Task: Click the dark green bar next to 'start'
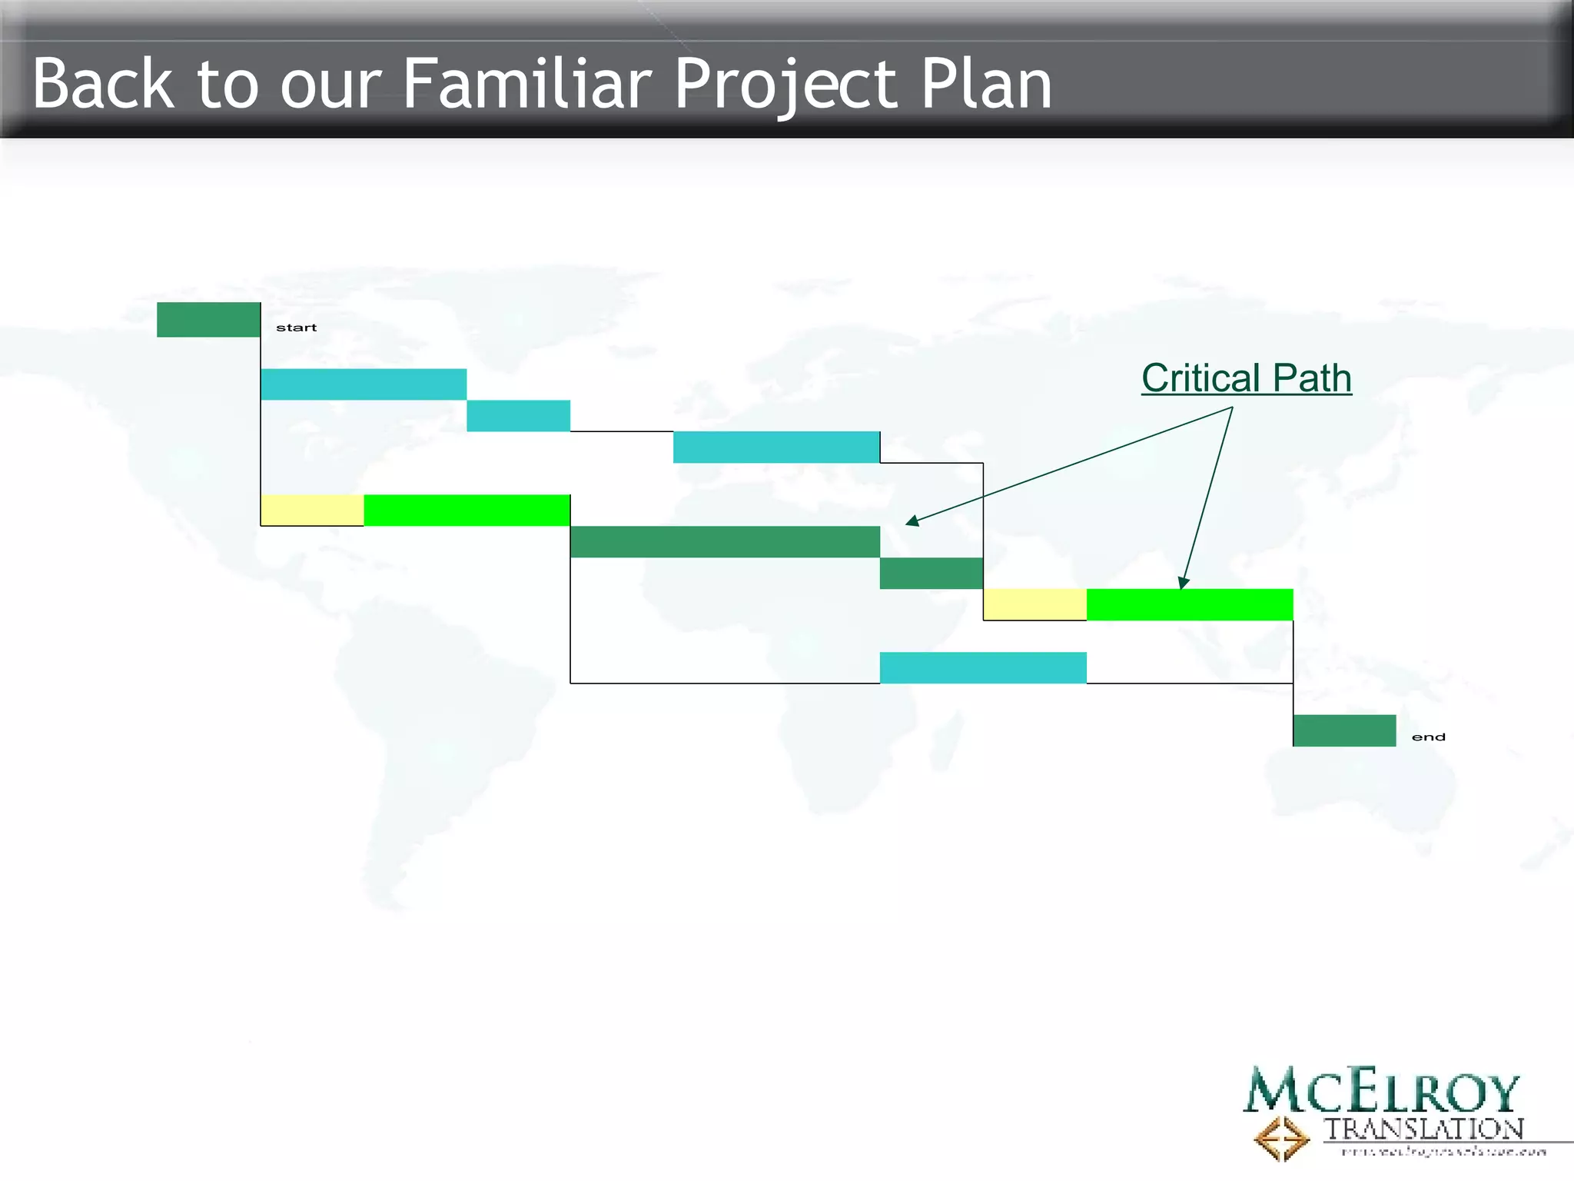click(208, 320)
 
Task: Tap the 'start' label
click(296, 328)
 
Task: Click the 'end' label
click(1428, 737)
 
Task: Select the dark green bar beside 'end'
click(1344, 730)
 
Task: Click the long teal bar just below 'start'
click(364, 384)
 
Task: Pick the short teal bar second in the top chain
click(519, 416)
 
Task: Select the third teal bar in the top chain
click(776, 447)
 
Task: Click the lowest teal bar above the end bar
click(983, 667)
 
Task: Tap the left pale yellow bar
click(312, 511)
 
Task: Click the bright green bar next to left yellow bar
click(467, 511)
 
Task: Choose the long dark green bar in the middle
click(725, 542)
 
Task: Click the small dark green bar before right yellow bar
click(931, 574)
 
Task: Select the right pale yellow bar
click(1034, 605)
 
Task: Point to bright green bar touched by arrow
click(1190, 605)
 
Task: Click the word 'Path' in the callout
click(1311, 378)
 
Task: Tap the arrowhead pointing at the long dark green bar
click(912, 522)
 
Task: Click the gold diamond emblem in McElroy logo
click(1281, 1138)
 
